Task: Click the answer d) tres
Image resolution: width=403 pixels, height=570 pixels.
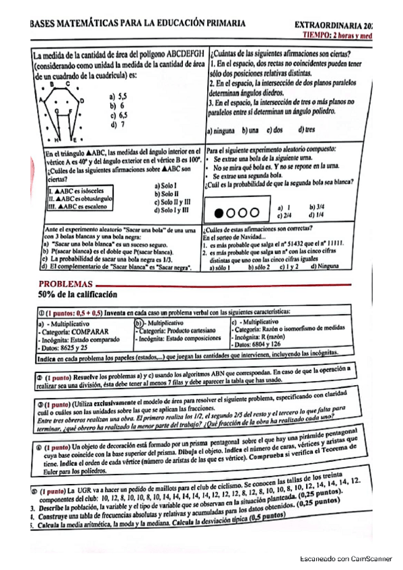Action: click(307, 130)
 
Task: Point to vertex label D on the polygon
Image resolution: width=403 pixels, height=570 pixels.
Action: click(82, 100)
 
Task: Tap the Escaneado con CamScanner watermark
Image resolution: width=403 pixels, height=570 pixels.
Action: click(346, 558)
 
